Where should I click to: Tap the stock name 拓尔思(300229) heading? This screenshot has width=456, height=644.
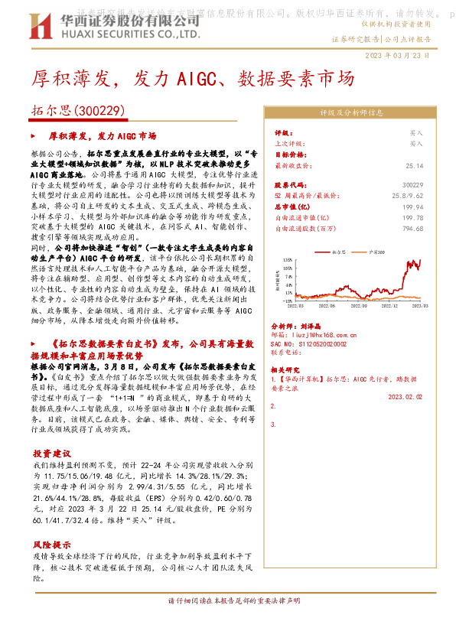80,111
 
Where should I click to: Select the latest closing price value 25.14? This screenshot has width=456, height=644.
415,165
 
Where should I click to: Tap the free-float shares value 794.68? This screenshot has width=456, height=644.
412,228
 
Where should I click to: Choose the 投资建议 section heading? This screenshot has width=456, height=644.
52,452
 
